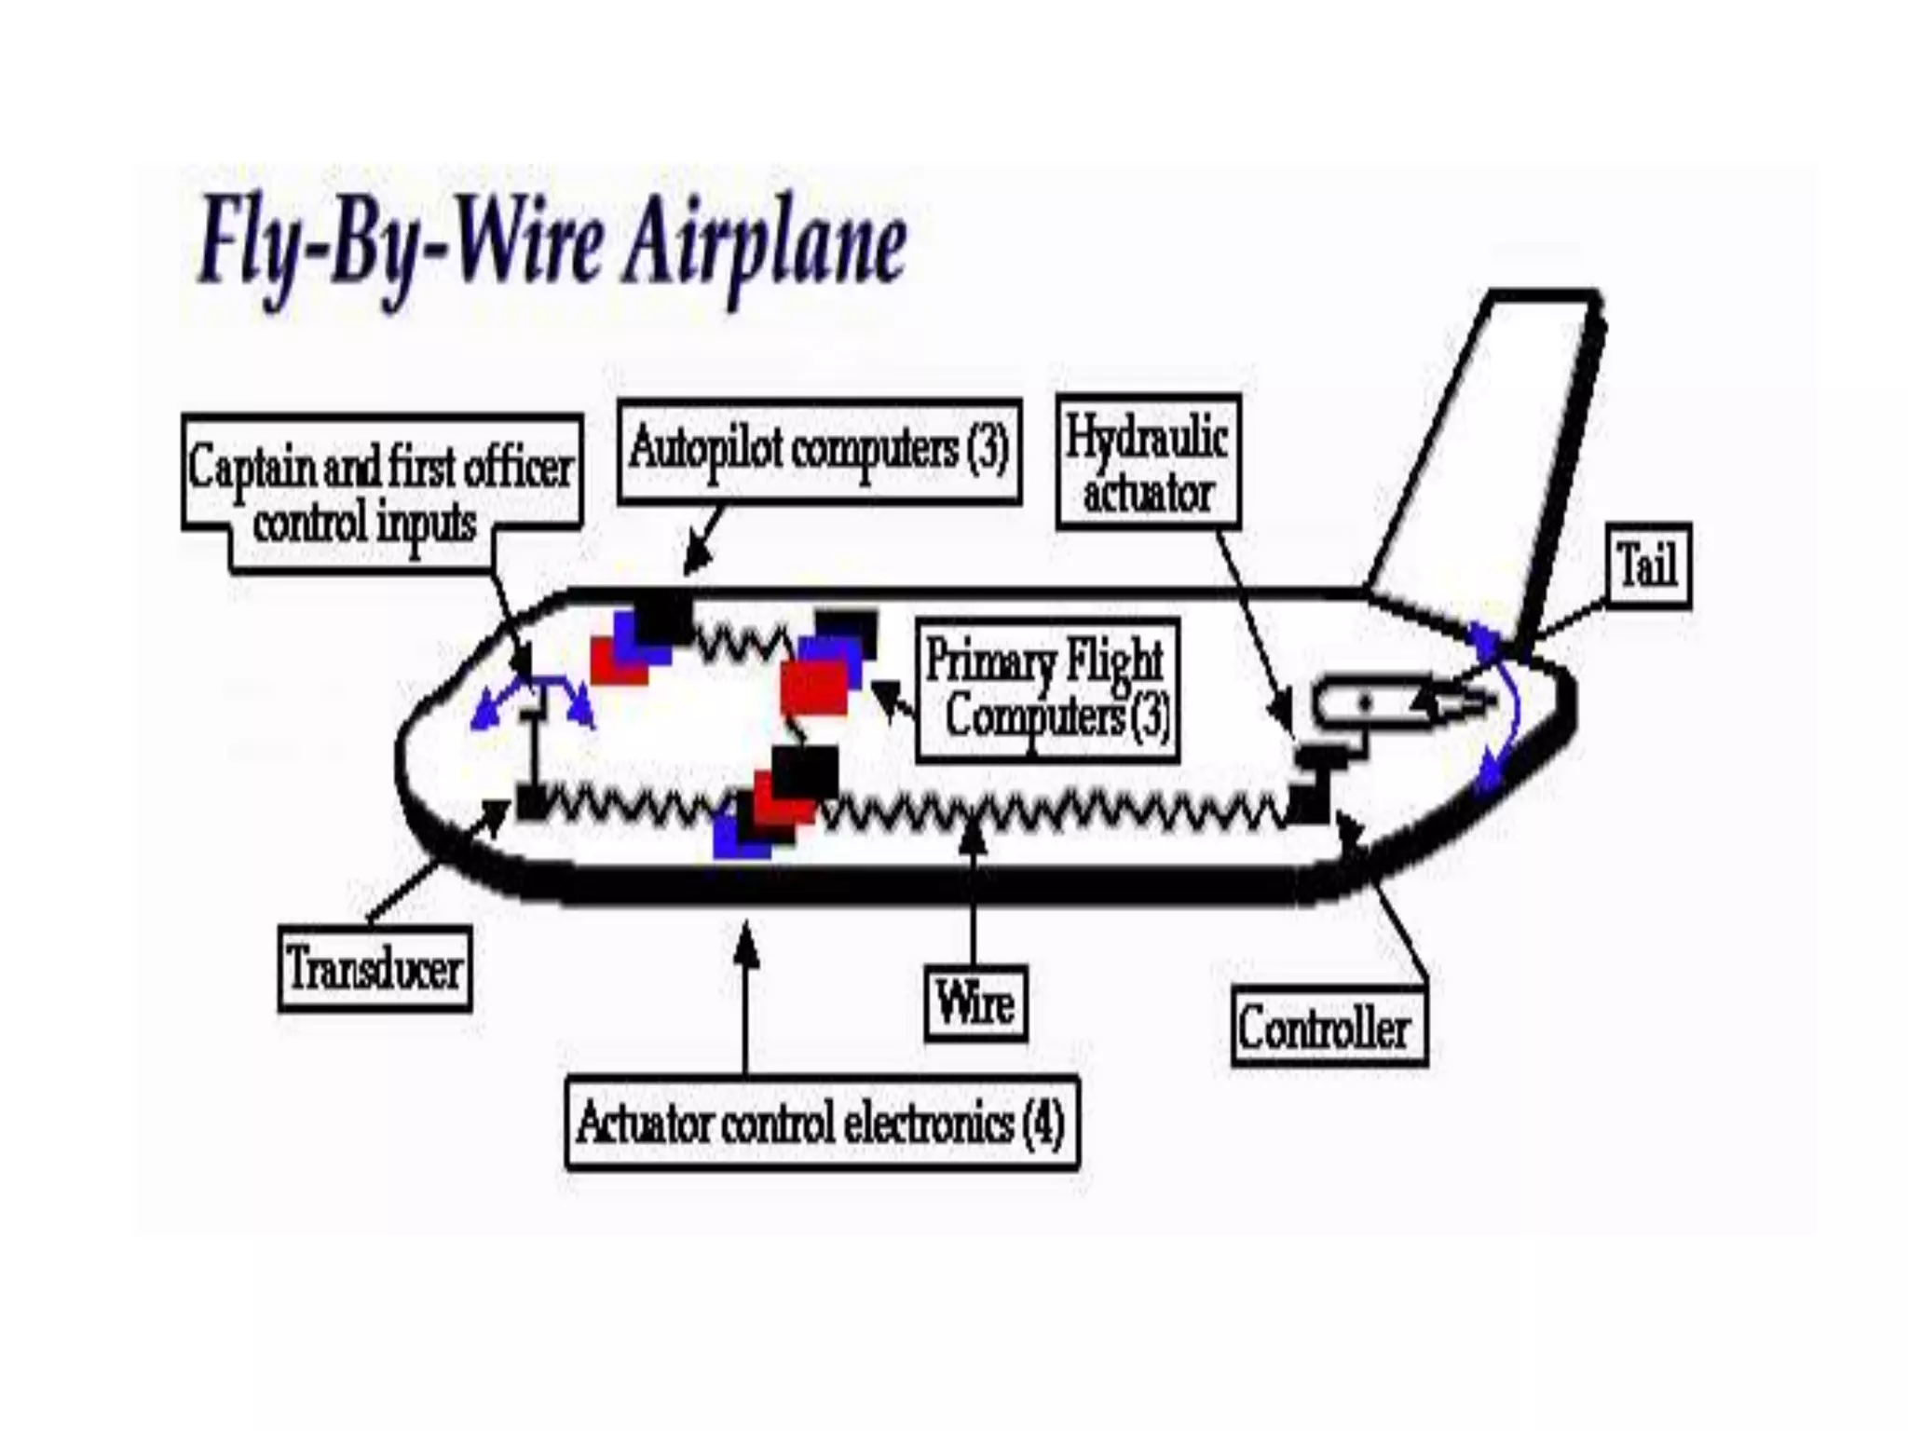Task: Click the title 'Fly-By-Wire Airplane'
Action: [552, 248]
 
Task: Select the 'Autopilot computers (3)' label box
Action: [819, 451]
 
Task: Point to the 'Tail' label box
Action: [1648, 566]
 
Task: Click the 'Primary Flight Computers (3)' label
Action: [1047, 690]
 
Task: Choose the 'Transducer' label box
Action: [375, 969]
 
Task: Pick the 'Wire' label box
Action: [975, 1003]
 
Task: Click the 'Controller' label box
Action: [1328, 1029]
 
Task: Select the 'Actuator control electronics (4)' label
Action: [822, 1123]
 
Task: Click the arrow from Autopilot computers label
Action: [702, 540]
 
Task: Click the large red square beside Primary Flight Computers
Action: [814, 688]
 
